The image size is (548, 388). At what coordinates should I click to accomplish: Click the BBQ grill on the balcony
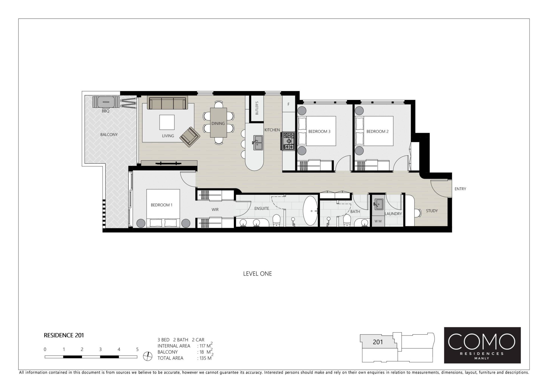[106, 102]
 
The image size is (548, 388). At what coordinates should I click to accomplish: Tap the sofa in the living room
[167, 103]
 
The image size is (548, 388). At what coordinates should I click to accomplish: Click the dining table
[219, 122]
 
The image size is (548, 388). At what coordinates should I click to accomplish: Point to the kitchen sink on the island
[258, 143]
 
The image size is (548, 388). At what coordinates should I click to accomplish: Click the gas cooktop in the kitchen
[289, 141]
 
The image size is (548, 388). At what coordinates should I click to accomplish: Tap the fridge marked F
[289, 104]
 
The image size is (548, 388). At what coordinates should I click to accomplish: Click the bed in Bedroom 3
[317, 131]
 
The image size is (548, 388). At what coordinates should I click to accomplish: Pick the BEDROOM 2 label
[377, 132]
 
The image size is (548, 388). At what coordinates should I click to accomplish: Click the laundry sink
[378, 204]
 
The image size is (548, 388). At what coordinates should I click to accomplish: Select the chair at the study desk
[418, 213]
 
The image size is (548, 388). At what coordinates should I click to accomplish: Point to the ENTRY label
[460, 189]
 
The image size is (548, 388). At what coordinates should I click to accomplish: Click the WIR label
[215, 210]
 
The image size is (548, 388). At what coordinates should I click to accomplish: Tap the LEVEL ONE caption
[257, 274]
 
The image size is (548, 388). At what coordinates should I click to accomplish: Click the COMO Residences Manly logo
[482, 345]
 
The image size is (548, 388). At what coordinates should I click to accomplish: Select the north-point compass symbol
[148, 356]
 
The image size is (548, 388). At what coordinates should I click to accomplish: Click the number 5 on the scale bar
[137, 349]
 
